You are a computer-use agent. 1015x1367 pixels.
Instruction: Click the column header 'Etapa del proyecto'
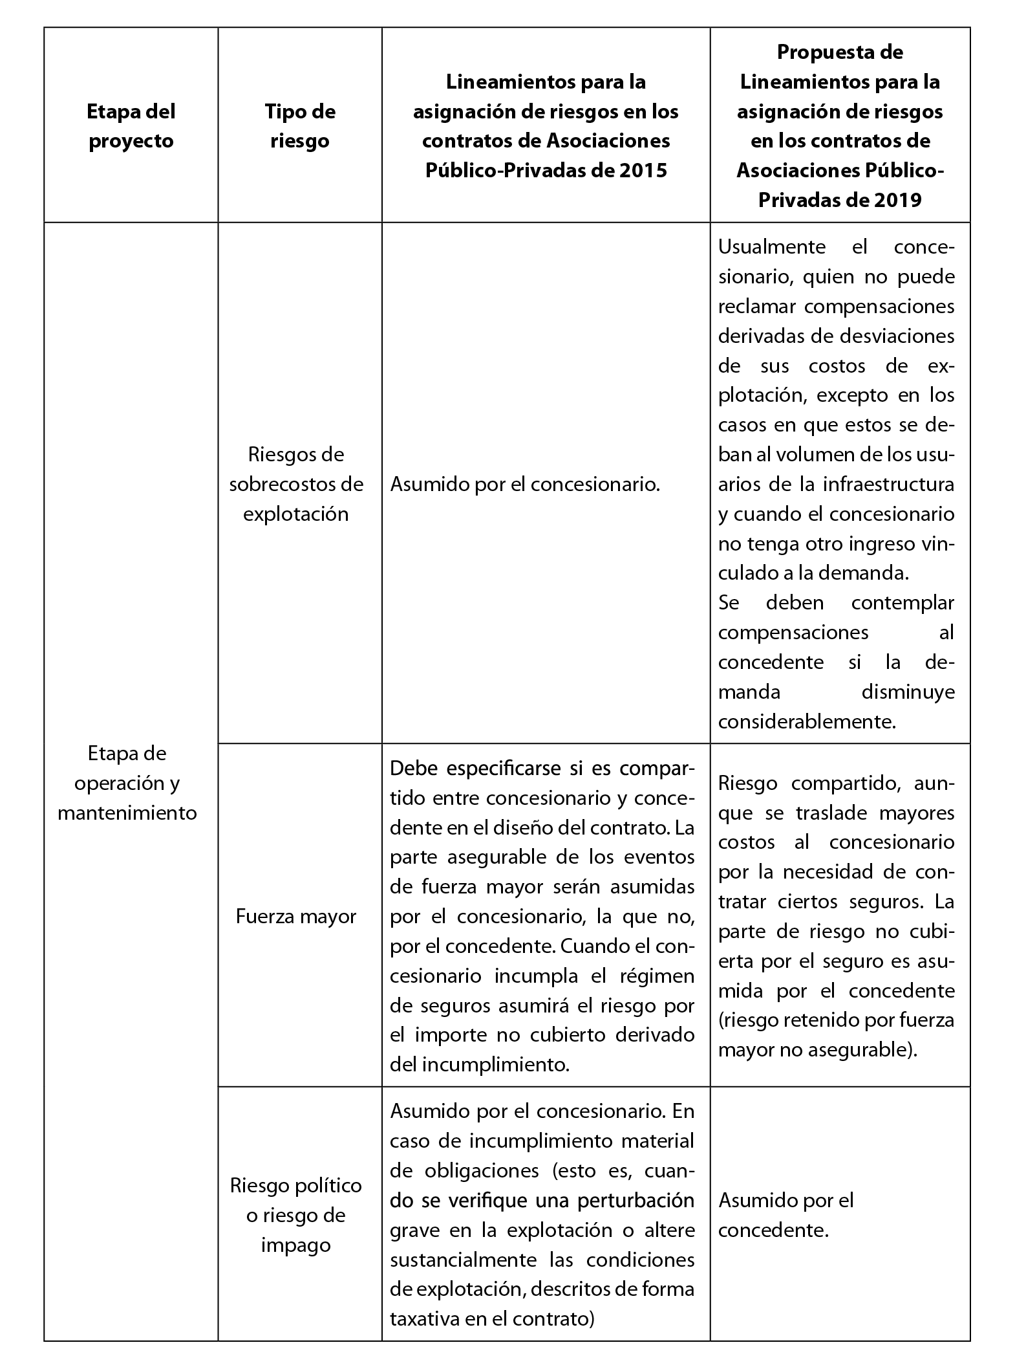click(131, 126)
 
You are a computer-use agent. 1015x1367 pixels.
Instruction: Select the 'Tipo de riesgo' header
click(300, 126)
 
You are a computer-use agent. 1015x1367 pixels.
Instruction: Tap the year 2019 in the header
click(895, 201)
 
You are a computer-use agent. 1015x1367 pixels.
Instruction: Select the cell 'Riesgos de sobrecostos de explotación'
click(296, 484)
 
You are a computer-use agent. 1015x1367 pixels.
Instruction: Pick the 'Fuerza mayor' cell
click(296, 916)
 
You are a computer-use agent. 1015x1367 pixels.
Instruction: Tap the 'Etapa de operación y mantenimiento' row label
click(127, 783)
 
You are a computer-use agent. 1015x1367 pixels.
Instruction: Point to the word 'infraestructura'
click(889, 484)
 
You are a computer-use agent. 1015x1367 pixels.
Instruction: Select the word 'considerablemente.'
click(807, 721)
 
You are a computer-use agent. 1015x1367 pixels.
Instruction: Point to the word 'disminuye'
click(908, 692)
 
